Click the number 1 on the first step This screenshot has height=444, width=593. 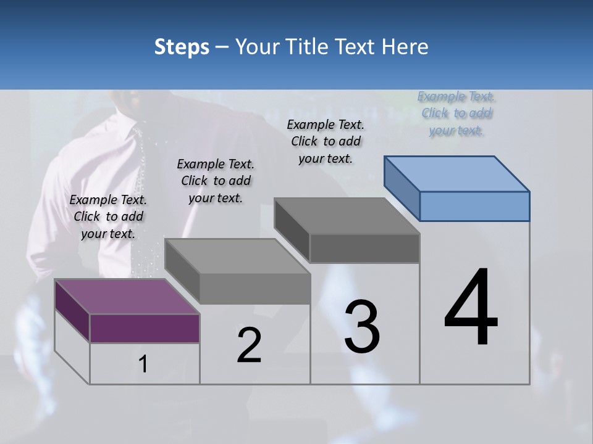143,364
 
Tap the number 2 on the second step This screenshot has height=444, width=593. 249,345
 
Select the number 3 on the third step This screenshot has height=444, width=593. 362,327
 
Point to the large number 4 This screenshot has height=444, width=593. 471,308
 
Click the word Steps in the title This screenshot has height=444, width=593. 182,47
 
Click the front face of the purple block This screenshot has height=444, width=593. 145,328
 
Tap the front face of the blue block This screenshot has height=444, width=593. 474,206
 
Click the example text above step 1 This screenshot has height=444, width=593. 108,217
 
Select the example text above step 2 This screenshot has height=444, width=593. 216,181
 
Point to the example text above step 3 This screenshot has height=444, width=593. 326,141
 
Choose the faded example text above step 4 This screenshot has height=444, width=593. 456,113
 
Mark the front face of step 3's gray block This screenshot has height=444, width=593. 364,249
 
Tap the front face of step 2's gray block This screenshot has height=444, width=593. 254,289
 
